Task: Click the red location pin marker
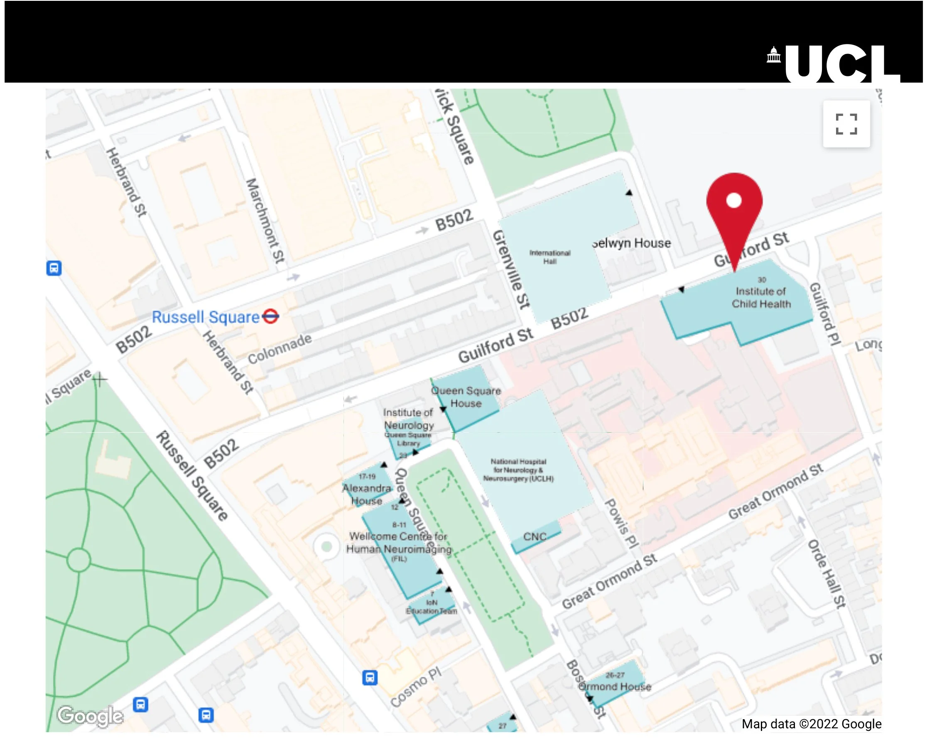(734, 206)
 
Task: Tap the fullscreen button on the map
(846, 124)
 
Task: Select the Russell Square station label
(206, 317)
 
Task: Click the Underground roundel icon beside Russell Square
(270, 317)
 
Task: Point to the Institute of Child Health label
(760, 297)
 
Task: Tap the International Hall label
(549, 257)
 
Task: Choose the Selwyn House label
(631, 243)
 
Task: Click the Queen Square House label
(466, 397)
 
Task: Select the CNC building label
(535, 536)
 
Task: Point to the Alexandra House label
(367, 495)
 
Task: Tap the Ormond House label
(614, 686)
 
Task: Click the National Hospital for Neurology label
(518, 470)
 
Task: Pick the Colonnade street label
(280, 349)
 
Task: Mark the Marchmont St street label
(265, 220)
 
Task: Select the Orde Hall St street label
(826, 574)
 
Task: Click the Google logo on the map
(90, 716)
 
